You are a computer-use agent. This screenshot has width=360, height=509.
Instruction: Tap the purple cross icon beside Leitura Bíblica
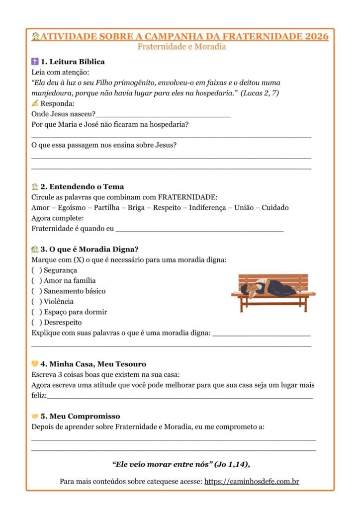(x=35, y=62)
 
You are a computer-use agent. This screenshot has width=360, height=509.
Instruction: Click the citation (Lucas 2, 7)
(x=260, y=93)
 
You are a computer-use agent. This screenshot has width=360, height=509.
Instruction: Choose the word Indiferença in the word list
(x=209, y=208)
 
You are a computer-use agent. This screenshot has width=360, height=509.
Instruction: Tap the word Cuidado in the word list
(x=275, y=208)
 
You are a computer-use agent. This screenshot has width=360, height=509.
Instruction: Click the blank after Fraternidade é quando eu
(x=199, y=229)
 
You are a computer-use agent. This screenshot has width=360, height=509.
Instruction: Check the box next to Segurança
(x=36, y=270)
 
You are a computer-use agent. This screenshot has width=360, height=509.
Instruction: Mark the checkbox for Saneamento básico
(x=36, y=291)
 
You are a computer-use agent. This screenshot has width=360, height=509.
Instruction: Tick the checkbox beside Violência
(x=36, y=302)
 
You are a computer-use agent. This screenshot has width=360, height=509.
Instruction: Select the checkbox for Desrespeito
(x=36, y=323)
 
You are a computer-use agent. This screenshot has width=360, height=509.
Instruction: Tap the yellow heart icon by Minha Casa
(x=35, y=364)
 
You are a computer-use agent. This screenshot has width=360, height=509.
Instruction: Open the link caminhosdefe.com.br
(x=252, y=482)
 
